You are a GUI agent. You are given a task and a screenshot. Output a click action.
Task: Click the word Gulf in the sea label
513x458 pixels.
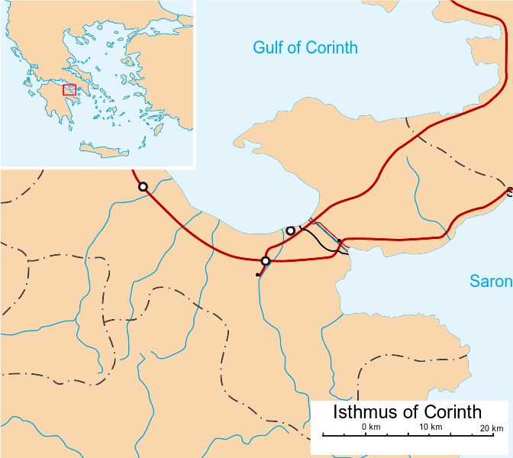269,48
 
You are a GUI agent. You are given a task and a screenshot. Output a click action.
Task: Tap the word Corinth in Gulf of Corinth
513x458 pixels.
331,48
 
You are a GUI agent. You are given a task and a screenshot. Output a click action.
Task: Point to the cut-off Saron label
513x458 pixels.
490,282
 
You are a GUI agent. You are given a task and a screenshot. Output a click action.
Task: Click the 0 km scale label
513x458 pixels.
371,426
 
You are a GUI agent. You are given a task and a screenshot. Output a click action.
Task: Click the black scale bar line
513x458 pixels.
412,435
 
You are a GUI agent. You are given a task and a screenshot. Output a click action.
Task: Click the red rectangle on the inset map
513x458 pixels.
69,90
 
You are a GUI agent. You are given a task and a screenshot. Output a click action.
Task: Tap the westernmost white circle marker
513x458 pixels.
142,187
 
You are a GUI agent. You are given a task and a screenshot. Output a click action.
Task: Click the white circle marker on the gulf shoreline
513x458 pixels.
290,230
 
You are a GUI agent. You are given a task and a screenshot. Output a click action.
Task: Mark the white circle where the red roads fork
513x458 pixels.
266,262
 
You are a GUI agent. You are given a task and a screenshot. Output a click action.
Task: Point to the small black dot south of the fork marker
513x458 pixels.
258,274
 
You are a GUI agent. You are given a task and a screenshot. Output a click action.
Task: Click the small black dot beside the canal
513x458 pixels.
339,241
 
